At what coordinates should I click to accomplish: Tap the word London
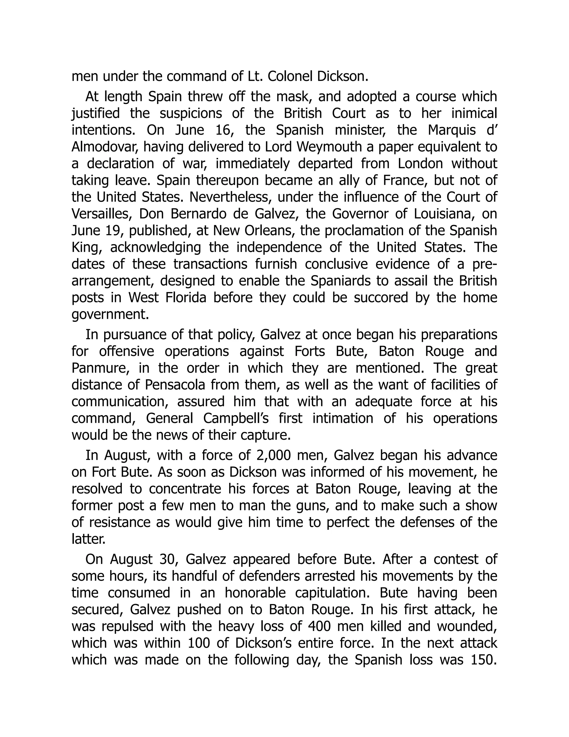coord(420,164)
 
